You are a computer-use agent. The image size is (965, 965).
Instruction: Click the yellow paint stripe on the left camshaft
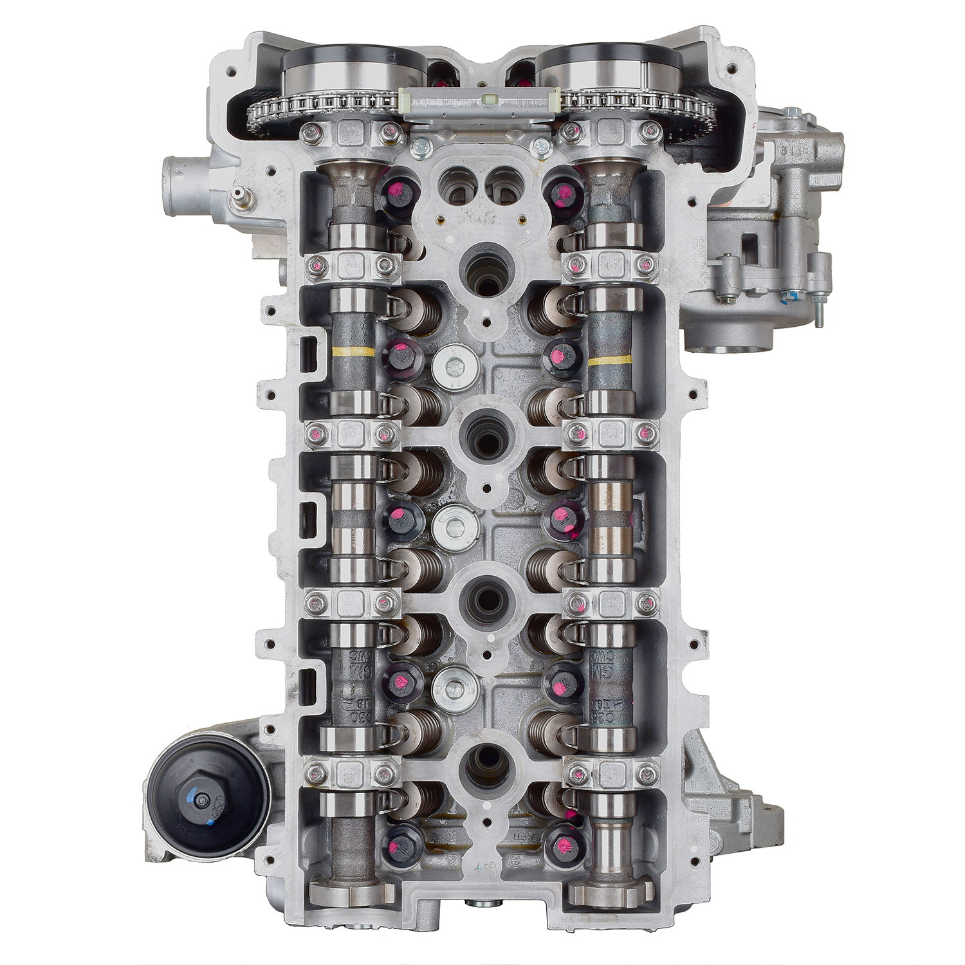tap(351, 352)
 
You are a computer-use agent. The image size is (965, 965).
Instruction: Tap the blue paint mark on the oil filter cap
tap(191, 798)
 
